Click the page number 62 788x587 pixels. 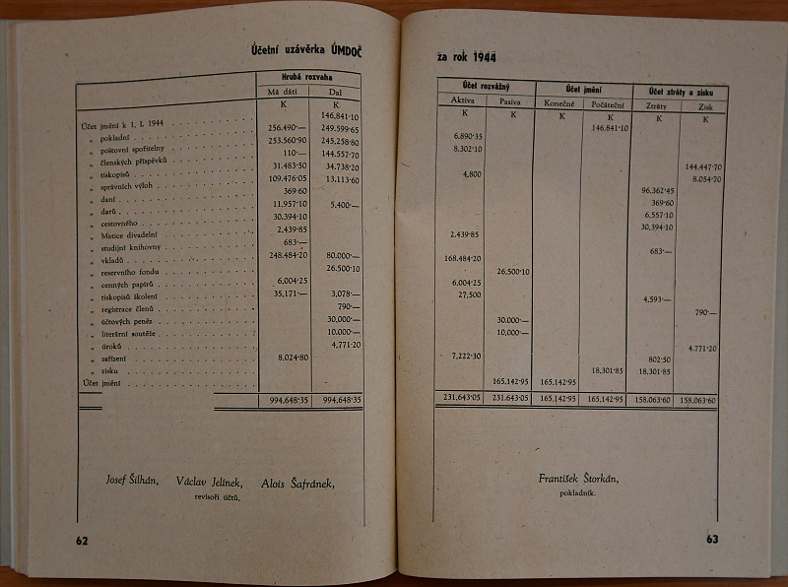pyautogui.click(x=82, y=540)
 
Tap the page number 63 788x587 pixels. pyautogui.click(x=713, y=538)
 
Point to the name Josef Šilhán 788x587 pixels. pyautogui.click(x=133, y=481)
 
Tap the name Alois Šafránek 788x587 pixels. pyautogui.click(x=297, y=483)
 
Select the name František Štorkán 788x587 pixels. pyautogui.click(x=579, y=479)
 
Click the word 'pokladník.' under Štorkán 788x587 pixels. pyautogui.click(x=580, y=493)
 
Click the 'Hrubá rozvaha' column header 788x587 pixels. pyautogui.click(x=308, y=78)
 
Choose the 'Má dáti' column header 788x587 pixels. pyautogui.click(x=283, y=92)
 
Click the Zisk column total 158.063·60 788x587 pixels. pyautogui.click(x=703, y=401)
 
